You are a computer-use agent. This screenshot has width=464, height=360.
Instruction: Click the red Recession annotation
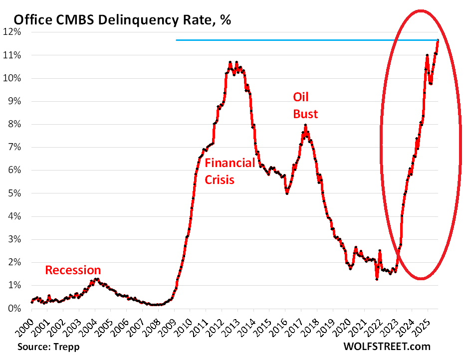tap(73, 270)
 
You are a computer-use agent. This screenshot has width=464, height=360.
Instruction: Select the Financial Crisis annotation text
tap(230, 171)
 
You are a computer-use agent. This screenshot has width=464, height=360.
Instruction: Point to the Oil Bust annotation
tap(305, 106)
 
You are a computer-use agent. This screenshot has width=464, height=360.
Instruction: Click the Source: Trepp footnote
tap(48, 346)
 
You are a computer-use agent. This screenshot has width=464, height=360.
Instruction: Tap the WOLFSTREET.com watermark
tap(387, 346)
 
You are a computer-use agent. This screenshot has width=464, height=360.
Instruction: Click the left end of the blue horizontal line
tap(177, 40)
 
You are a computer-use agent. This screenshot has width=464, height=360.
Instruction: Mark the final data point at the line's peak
tap(438, 40)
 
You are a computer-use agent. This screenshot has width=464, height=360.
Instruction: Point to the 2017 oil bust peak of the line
tap(305, 126)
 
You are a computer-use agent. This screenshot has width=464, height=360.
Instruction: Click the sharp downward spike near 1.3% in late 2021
tap(377, 279)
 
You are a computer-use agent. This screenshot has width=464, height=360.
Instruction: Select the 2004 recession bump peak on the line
tap(97, 279)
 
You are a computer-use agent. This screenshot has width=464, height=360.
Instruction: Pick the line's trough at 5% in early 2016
tap(287, 193)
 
